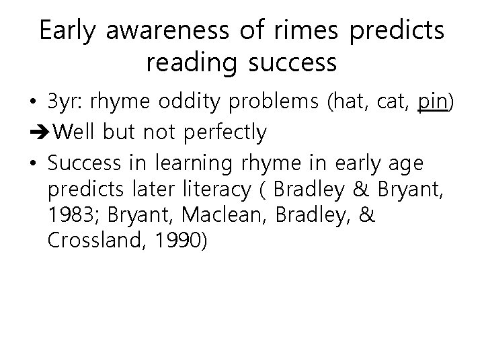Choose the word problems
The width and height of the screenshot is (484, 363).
(277, 104)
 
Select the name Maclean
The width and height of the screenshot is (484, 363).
(217, 216)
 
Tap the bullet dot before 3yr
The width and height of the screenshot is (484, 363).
(33, 104)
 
